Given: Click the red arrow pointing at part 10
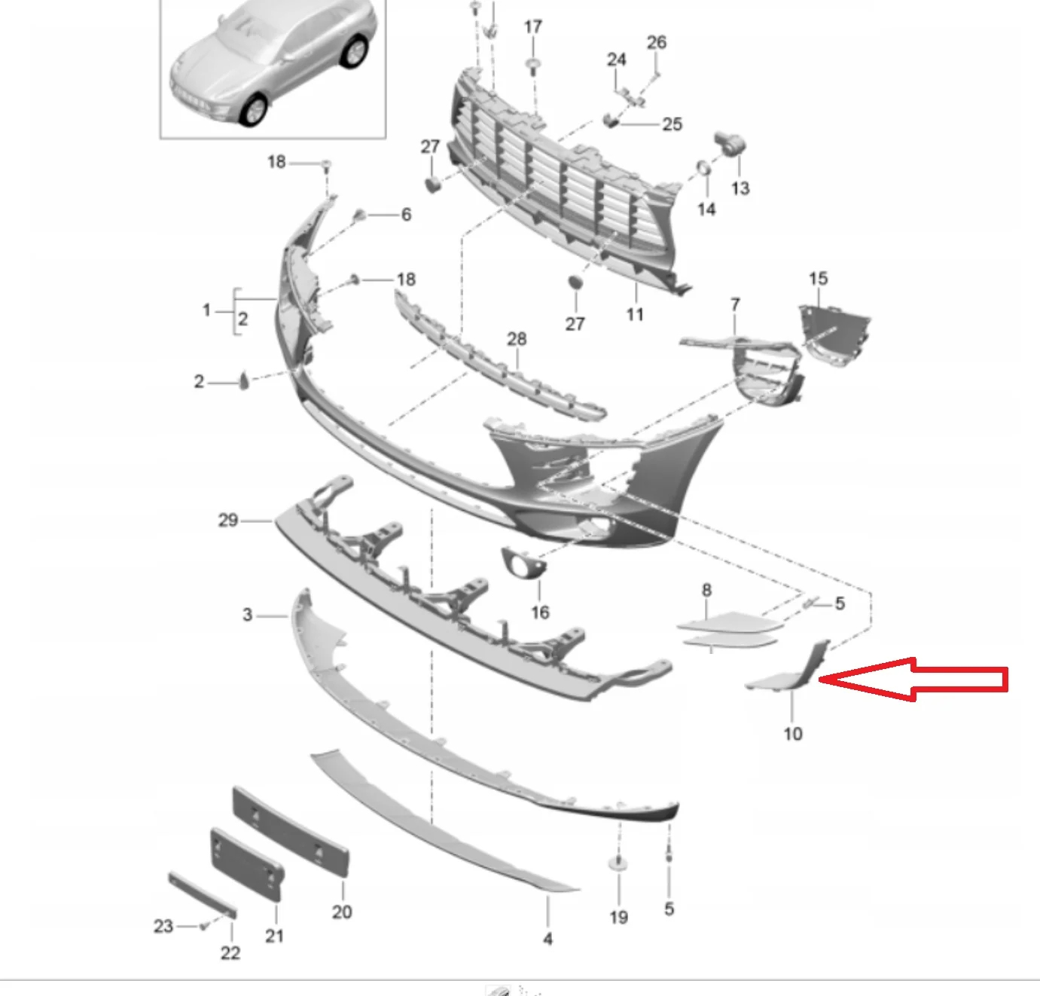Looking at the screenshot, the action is coord(913,680).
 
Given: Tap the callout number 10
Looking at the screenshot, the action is coord(793,734).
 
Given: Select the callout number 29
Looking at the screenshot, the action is coord(228,520).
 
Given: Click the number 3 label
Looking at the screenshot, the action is coord(248,615).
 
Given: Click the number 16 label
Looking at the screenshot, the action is coord(540,613).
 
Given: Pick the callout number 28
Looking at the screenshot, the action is coord(517,339).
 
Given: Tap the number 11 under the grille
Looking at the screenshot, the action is coord(635,314).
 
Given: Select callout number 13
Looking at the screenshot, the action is coord(741,188).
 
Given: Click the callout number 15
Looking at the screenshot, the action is coord(819,278).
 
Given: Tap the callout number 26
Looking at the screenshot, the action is coord(657,42).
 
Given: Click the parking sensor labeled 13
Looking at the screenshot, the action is coord(730,142).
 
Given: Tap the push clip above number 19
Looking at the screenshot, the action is coord(618,864).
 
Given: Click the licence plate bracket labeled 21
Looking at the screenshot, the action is coord(246,864).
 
